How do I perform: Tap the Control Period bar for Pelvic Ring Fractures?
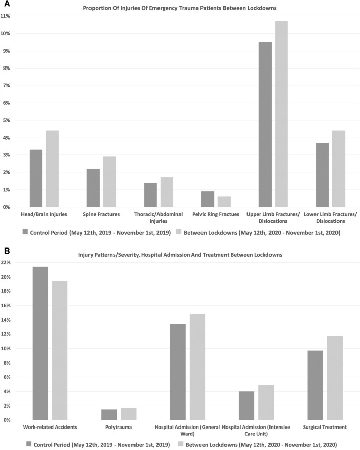click(x=208, y=199)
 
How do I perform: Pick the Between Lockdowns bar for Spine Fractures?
click(x=109, y=182)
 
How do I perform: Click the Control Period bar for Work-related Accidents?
click(x=40, y=343)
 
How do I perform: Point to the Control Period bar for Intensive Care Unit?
click(x=246, y=406)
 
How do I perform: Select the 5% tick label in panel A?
click(x=7, y=120)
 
